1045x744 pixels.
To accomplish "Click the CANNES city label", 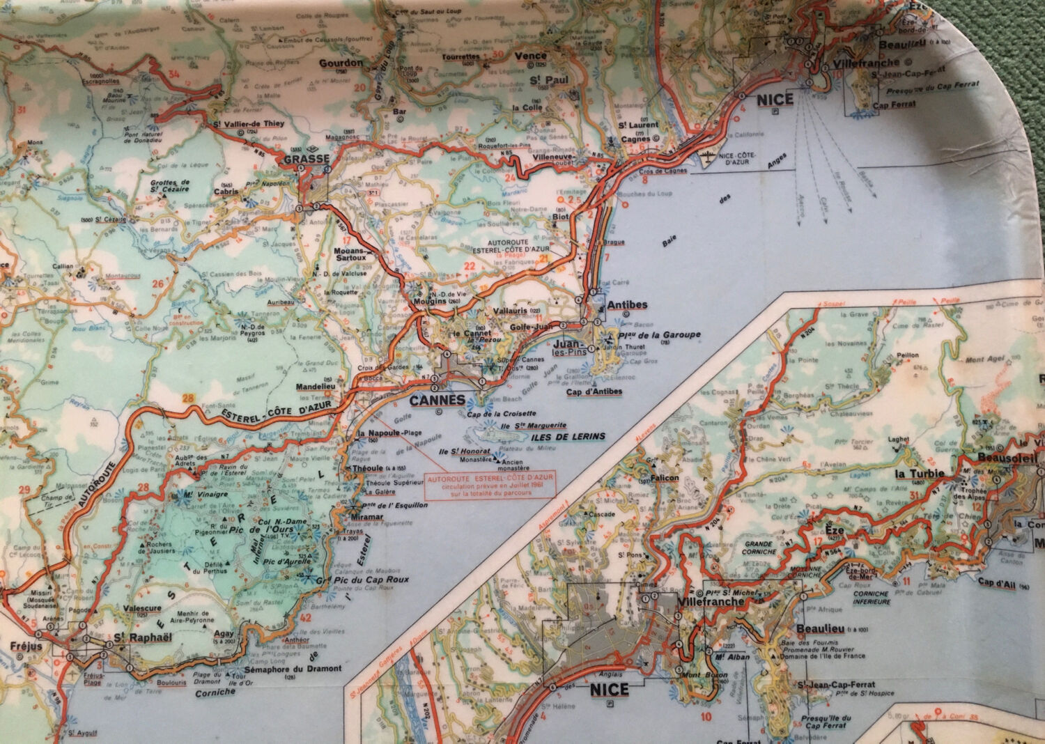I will click(x=437, y=401).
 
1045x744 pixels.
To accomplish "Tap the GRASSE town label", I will click(x=307, y=159).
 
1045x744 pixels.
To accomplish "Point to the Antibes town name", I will click(x=627, y=305).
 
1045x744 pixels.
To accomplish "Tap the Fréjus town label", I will click(x=26, y=646).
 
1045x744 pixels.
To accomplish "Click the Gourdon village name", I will click(x=341, y=63).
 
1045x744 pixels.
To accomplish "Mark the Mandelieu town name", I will click(x=317, y=386).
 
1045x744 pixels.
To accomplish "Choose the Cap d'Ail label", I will click(x=998, y=582).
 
